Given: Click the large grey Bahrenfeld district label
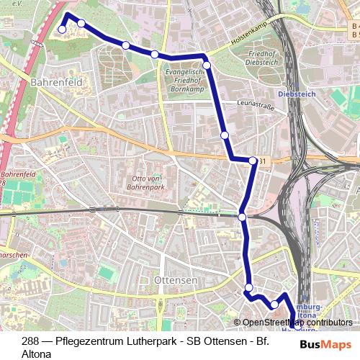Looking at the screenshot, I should pos(57,83).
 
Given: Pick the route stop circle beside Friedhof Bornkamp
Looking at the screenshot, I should pos(207,66).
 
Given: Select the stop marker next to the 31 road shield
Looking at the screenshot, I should pos(253,161).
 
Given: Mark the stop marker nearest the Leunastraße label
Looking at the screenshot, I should pos(225,135).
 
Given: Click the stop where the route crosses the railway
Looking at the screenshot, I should pos(242,217).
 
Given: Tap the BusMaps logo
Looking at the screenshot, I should pos(326,345).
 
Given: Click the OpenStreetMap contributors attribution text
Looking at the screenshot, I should pos(297,323).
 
